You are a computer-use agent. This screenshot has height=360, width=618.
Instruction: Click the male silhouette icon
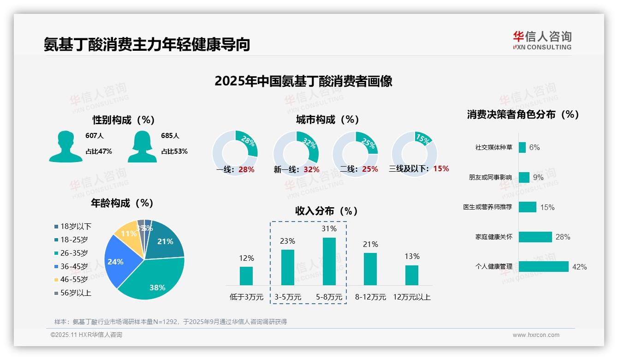[x=65, y=146]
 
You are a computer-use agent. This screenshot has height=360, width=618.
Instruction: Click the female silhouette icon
[x=142, y=146]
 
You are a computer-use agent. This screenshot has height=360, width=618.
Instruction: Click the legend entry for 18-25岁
[x=74, y=240]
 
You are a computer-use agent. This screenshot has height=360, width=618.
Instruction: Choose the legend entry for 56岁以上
[x=76, y=293]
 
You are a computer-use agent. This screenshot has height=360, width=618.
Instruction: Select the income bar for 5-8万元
[x=329, y=261]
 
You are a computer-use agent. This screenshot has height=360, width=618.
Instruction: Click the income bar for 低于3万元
[x=246, y=276]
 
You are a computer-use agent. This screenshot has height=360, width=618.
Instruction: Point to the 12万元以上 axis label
[x=411, y=297]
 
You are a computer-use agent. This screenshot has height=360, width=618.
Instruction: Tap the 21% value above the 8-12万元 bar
[x=370, y=244]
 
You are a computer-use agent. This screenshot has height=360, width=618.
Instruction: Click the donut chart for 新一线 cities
[x=296, y=151]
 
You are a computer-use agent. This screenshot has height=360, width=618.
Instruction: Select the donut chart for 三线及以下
[x=414, y=150]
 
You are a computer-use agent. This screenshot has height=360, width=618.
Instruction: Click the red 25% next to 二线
[x=370, y=169]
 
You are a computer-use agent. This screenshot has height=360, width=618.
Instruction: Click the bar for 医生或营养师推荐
[x=527, y=207]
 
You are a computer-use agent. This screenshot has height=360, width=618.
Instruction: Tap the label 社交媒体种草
[x=493, y=147]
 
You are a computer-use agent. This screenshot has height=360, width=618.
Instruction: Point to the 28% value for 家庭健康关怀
[x=563, y=237]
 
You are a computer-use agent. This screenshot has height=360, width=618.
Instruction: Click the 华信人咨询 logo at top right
[x=542, y=40]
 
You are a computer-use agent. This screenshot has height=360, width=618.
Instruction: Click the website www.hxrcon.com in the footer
[x=536, y=335]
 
